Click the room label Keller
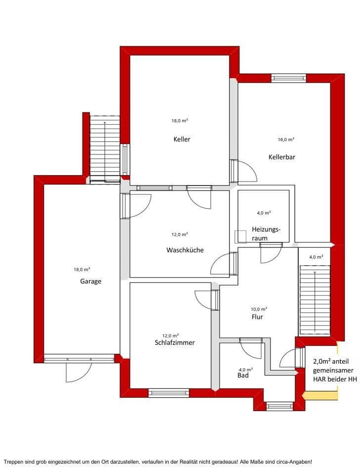pos(181,139)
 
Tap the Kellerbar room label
pos(282,157)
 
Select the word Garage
pos(90,281)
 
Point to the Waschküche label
pos(185,250)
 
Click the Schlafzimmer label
pos(175,342)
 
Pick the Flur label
pos(257,317)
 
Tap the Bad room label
pos(243,376)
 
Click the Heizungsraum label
pos(266,234)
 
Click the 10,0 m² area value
pos(259,308)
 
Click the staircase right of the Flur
pos(314,300)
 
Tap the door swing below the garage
pos(79,372)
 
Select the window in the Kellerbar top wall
pos(289,78)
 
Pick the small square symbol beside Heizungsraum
pos(240,236)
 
